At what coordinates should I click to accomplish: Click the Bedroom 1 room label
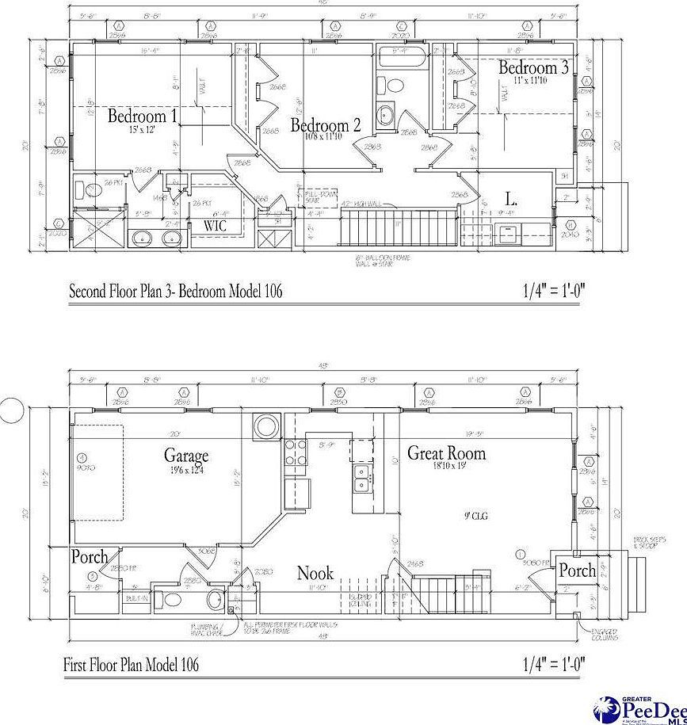click(x=143, y=116)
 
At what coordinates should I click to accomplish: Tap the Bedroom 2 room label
click(x=326, y=125)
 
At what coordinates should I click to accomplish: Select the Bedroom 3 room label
click(x=532, y=68)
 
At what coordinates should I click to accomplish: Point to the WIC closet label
click(x=216, y=226)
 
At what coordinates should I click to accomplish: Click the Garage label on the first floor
click(x=186, y=456)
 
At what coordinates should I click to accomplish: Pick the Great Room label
click(x=446, y=453)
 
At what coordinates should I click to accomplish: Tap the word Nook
click(x=315, y=573)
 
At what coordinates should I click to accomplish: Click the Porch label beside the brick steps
click(x=577, y=570)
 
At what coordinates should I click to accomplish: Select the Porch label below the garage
click(x=90, y=557)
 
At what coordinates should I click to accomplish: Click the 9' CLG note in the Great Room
click(x=475, y=516)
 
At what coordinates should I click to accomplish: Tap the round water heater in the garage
click(x=263, y=426)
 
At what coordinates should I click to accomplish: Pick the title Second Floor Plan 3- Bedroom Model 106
click(x=176, y=292)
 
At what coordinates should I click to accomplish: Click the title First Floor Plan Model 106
click(x=132, y=664)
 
